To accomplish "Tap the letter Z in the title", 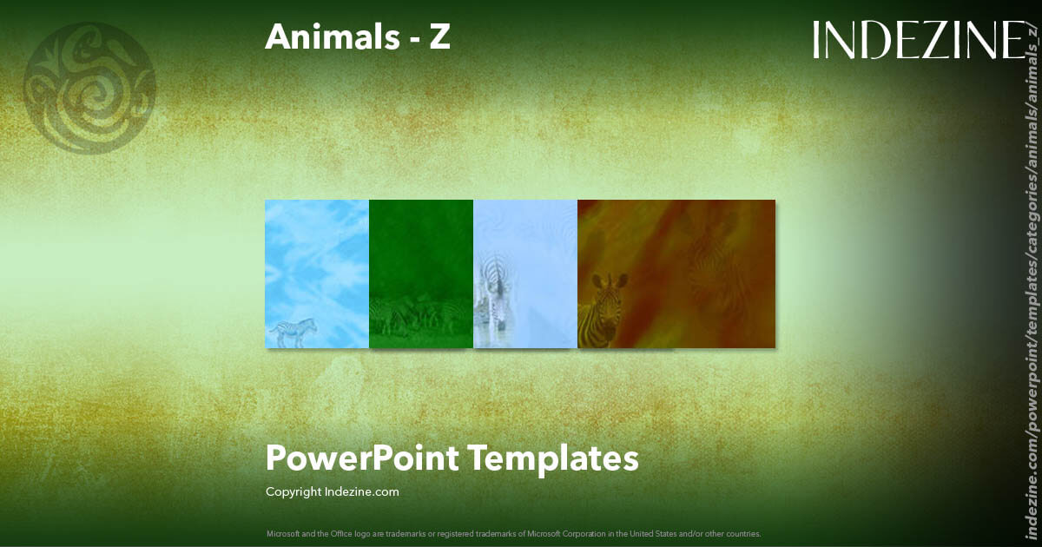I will pyautogui.click(x=439, y=36).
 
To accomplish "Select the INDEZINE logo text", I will pyautogui.click(x=919, y=41).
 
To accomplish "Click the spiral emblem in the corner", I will pyautogui.click(x=90, y=88).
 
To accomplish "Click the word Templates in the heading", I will pyautogui.click(x=554, y=458).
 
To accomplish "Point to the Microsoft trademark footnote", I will pyautogui.click(x=513, y=534).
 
